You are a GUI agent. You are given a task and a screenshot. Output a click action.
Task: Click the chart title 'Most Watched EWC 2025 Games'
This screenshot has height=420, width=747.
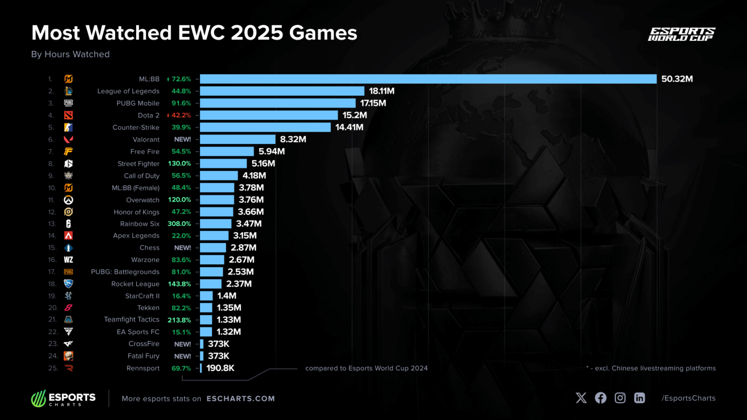[194, 33]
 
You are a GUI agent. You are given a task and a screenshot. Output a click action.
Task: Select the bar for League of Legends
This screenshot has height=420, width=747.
[282, 91]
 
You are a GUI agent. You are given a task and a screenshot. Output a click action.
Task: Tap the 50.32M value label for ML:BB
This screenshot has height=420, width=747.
[677, 79]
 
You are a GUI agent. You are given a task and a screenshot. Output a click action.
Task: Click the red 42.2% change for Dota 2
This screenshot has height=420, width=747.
[179, 115]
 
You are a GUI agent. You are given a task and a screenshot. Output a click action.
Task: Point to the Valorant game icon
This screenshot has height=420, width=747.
[69, 140]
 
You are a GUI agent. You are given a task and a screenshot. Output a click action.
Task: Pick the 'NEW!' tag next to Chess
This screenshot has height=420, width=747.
[182, 248]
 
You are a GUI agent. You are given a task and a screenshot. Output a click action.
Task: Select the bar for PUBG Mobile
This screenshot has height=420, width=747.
[278, 103]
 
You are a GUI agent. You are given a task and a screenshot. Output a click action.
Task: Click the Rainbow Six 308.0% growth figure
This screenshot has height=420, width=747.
[179, 224]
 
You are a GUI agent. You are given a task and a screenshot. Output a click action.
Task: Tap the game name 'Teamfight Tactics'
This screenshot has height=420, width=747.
[131, 319]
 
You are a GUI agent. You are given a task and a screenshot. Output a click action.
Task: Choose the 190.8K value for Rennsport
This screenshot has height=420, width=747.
[220, 368]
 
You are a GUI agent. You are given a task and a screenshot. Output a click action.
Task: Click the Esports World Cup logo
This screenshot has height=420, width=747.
[681, 34]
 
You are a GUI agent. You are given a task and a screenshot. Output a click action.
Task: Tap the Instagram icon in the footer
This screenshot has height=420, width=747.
[620, 398]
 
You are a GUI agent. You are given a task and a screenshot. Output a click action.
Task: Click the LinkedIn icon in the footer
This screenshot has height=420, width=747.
[640, 398]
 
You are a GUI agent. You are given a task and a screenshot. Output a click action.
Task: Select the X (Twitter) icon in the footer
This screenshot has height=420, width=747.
[581, 398]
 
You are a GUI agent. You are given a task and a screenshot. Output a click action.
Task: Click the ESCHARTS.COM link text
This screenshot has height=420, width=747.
[241, 399]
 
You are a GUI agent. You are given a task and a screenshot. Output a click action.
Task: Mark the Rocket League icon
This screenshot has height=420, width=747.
[69, 284]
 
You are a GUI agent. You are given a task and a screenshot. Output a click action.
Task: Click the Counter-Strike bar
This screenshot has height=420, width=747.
[265, 127]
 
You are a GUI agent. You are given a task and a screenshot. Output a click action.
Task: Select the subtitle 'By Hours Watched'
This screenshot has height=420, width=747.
[71, 54]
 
